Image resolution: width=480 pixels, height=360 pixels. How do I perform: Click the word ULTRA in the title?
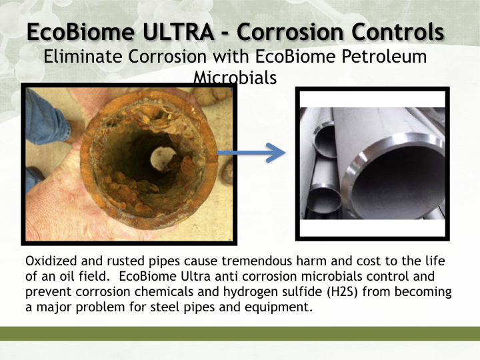point(178,32)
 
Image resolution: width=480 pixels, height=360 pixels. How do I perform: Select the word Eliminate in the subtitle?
point(83,57)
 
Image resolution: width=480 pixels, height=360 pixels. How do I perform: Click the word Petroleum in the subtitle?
point(384,57)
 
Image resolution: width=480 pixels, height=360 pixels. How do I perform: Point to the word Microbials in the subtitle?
point(235,78)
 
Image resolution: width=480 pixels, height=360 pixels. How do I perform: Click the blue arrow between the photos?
point(251,153)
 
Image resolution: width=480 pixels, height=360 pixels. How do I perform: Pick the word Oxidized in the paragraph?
point(51,261)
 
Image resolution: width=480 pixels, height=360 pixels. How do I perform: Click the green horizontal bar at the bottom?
point(240,334)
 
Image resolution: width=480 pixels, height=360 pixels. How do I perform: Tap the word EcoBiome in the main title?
point(81,32)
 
